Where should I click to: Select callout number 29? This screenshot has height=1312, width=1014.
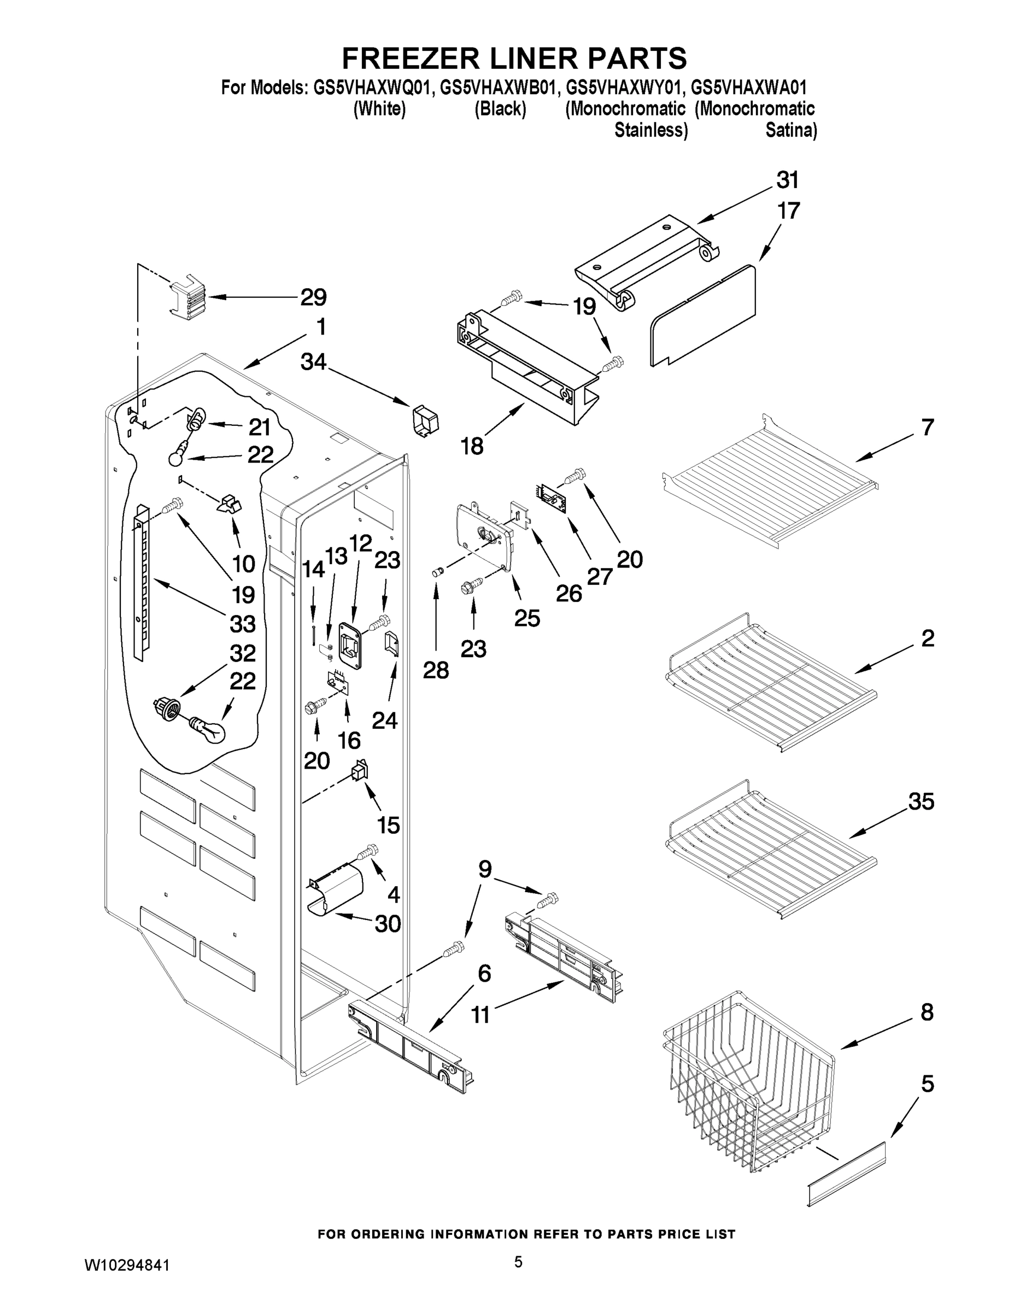pos(313,297)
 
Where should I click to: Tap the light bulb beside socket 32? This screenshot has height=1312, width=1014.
pos(207,729)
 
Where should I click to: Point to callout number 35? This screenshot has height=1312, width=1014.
pos(921,801)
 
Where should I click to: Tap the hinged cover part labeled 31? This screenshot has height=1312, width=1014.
pos(646,259)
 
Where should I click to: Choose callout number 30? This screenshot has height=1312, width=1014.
pos(388,923)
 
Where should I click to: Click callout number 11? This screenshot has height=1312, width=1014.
pos(480,1015)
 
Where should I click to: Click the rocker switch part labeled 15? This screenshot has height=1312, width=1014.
pos(359,771)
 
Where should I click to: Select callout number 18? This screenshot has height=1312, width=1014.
pos(472,446)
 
